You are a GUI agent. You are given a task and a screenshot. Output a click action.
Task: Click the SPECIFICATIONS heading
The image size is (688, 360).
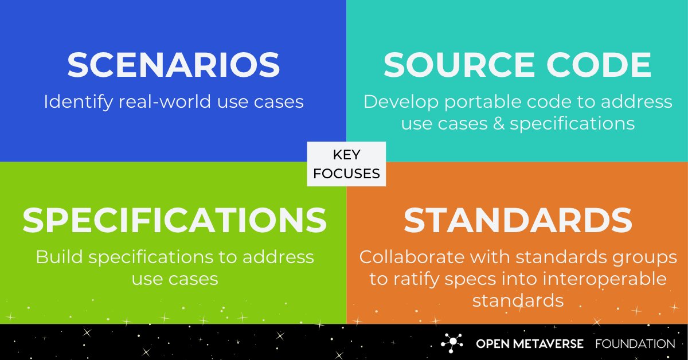pos(174,220)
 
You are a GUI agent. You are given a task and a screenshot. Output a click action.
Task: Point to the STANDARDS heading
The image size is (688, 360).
pos(518,220)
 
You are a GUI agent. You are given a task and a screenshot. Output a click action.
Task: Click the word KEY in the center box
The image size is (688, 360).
pos(346,155)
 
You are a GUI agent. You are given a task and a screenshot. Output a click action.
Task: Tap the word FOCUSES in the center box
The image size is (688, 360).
pos(346,173)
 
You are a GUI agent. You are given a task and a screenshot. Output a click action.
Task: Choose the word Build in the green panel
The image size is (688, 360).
pos(57,257)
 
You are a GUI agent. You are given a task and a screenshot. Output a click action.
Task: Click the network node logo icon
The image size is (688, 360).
pos(452,343)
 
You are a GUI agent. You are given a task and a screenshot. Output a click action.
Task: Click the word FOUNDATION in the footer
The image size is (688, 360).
pos(635,344)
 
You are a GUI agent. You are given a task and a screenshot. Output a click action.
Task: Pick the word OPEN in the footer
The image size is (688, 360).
pos(490,344)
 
